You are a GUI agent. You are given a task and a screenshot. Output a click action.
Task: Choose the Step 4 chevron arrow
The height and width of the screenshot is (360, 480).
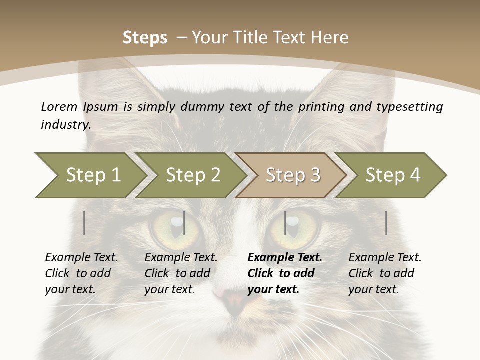point(392,175)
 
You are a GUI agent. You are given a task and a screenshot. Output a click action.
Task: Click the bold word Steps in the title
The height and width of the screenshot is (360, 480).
point(145,38)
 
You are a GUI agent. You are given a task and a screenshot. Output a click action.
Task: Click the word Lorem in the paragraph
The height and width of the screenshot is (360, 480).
point(59,106)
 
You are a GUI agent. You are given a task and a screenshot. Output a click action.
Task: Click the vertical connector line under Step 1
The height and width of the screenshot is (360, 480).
point(84,223)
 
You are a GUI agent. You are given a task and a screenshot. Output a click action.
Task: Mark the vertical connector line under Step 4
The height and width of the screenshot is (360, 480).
point(386,223)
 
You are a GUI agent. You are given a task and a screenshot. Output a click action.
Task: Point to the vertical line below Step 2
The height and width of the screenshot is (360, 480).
point(184,223)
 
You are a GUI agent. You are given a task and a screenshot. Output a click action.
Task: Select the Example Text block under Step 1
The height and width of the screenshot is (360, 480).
point(81,273)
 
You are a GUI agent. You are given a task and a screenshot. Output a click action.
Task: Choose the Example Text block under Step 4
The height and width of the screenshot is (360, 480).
point(385,273)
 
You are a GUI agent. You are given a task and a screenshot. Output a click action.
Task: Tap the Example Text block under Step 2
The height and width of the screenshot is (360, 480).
point(181,273)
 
